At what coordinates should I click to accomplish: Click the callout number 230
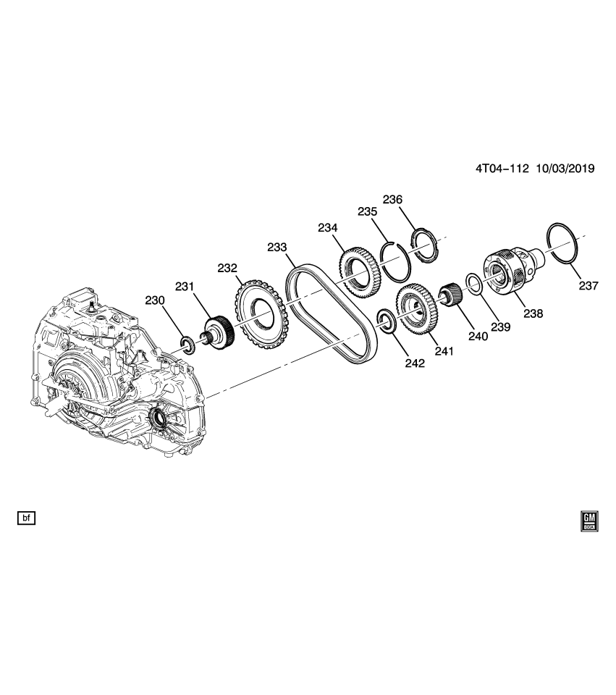coord(155,300)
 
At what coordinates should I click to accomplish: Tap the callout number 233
coord(277,247)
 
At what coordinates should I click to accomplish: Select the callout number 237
coord(588,286)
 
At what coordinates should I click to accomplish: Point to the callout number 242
coord(395,363)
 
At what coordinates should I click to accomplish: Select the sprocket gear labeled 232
coord(257,316)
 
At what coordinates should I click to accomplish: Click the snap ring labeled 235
coord(395,262)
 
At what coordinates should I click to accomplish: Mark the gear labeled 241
coord(415,310)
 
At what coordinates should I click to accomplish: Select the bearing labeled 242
coord(385,320)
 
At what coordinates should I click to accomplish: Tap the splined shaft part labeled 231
coord(216,332)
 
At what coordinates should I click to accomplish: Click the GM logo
coord(589,521)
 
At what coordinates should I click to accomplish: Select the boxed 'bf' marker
coord(25,518)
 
